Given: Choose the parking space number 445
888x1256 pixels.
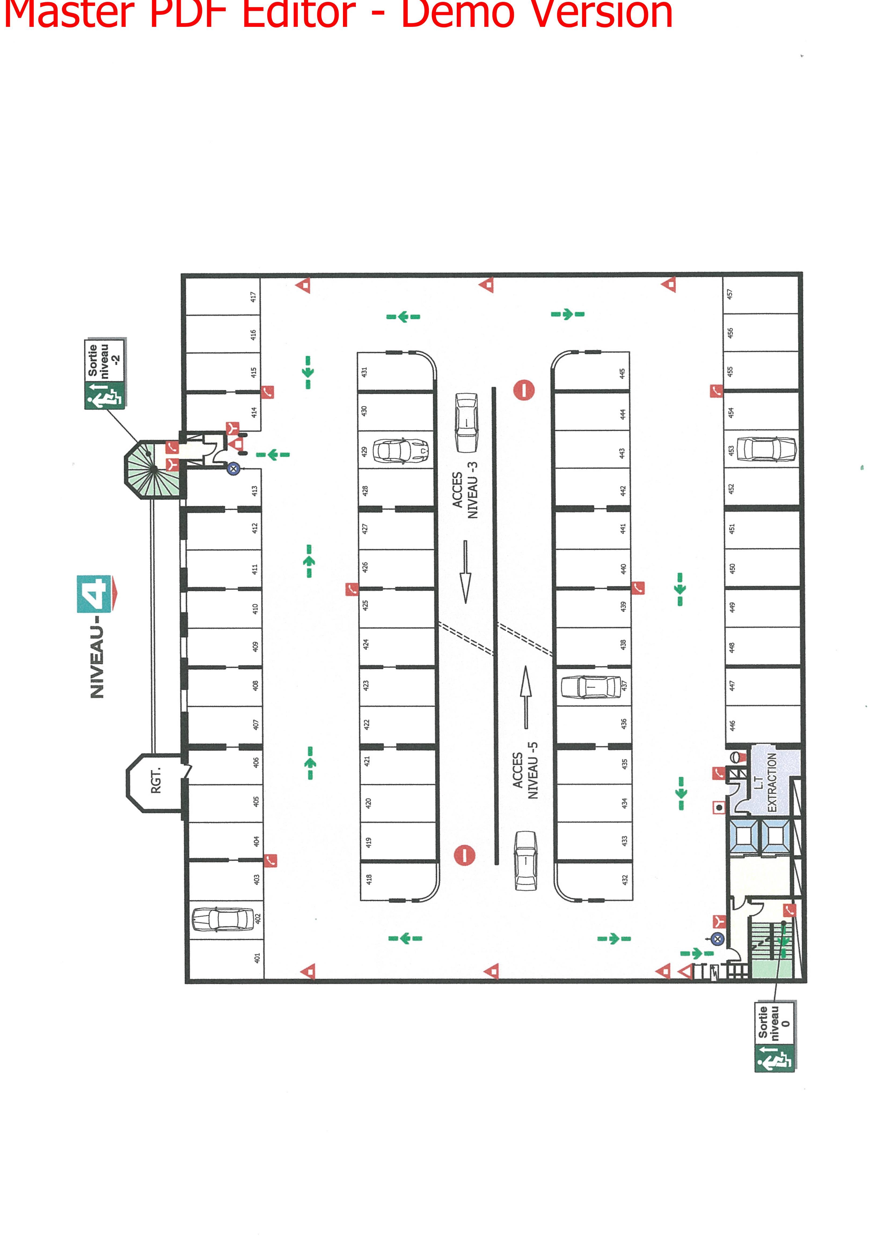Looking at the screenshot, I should (x=622, y=374).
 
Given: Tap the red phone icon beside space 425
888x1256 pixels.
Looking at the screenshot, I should (x=352, y=589).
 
